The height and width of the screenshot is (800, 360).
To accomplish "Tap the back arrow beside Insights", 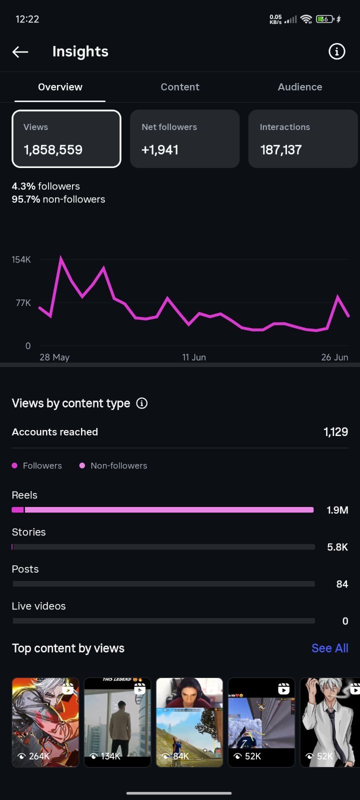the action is tap(20, 52).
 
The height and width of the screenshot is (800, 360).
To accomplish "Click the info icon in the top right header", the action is tap(336, 51).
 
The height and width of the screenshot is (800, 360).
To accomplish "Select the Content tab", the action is tap(180, 87).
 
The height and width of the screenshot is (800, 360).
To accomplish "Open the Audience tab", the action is tap(300, 87).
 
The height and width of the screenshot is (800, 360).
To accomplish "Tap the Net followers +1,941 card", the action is tap(184, 138).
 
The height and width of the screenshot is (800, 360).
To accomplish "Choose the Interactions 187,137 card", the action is tap(303, 138).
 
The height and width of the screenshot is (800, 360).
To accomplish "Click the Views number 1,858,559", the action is tap(53, 149).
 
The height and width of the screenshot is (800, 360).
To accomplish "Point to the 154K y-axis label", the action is tap(21, 259).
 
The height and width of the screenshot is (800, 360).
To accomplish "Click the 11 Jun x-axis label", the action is tap(194, 357).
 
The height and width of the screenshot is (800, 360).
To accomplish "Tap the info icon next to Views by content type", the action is tap(142, 403).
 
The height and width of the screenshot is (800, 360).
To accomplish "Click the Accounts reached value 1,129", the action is tap(335, 432).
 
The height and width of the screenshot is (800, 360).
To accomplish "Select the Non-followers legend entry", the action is tap(113, 465).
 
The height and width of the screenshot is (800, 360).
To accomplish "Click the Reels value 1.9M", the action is tap(337, 510).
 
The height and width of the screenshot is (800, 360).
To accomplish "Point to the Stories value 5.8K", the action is tap(337, 547).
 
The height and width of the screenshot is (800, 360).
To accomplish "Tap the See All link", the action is tap(329, 648).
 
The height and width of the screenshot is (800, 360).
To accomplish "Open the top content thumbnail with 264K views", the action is tap(45, 722).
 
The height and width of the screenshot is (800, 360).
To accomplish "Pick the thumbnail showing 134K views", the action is tap(117, 722).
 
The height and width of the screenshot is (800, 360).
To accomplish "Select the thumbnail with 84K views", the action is tap(189, 722).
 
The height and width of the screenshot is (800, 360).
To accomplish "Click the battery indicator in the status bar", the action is tap(325, 19).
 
